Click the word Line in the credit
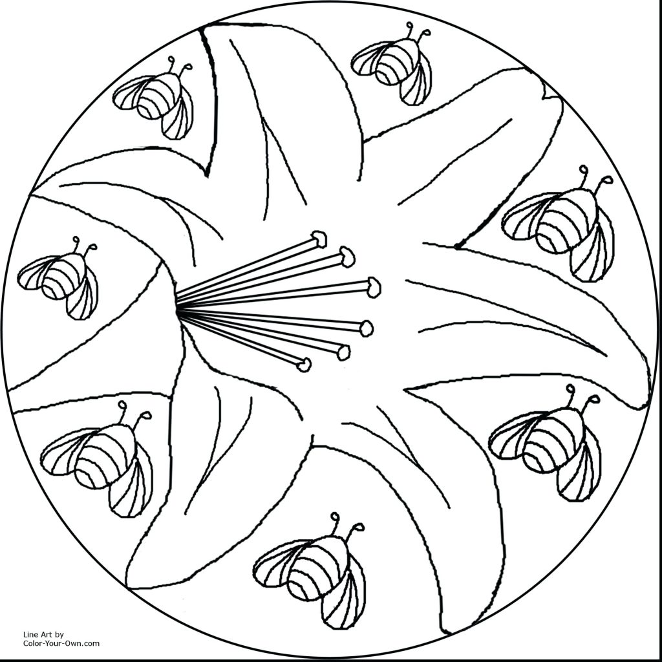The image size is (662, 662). coord(31,634)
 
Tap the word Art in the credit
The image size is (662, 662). coord(47,634)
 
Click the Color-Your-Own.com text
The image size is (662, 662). coord(61,643)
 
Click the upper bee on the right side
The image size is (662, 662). coord(560,223)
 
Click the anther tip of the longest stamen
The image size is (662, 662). coord(374,287)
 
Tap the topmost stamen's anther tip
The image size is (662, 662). coord(319,239)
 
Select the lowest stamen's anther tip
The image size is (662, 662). coord(304,365)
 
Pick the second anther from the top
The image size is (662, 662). coord(348,257)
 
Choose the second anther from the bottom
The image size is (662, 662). coord(343,352)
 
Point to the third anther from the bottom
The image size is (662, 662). coord(367,328)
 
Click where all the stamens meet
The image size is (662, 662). coord(178,309)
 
